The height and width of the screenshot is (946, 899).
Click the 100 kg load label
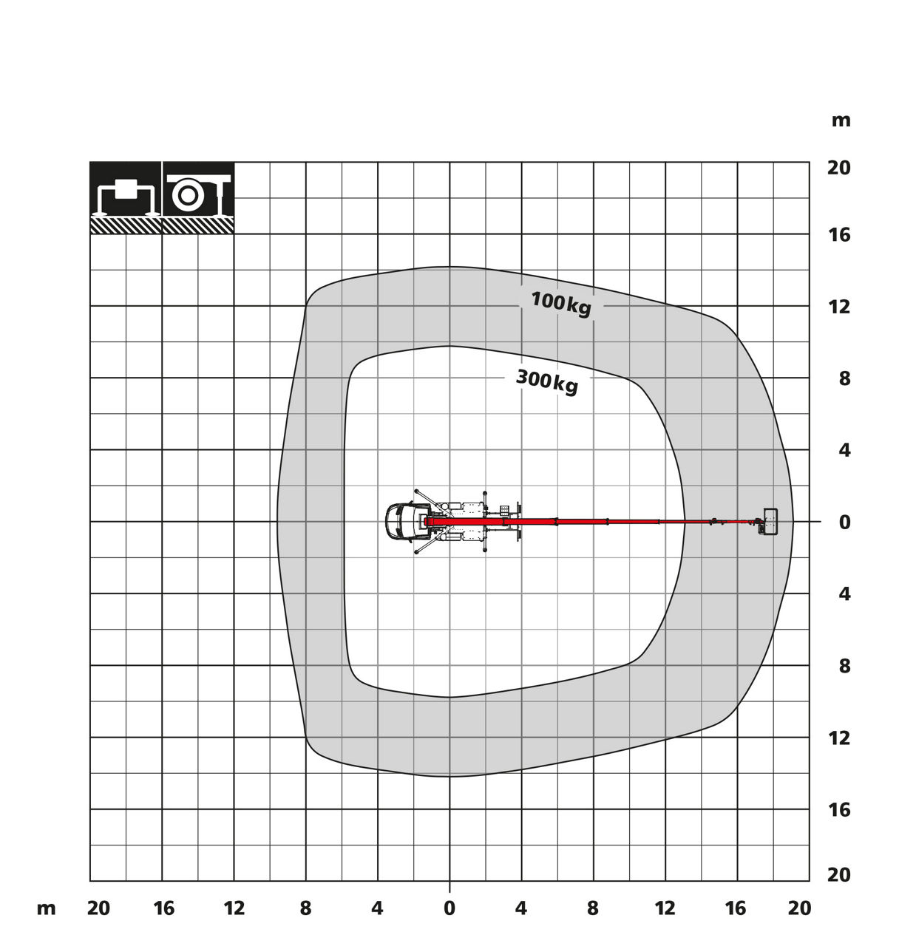561,304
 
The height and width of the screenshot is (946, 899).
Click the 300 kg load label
547,381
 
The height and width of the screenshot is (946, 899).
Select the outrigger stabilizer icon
126,198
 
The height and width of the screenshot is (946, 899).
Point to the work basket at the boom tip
770,522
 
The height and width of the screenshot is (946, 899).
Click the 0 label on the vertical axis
844,523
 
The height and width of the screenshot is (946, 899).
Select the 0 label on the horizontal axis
449,908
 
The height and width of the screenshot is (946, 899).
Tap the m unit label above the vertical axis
841,120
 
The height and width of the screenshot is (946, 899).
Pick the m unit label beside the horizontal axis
47,909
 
